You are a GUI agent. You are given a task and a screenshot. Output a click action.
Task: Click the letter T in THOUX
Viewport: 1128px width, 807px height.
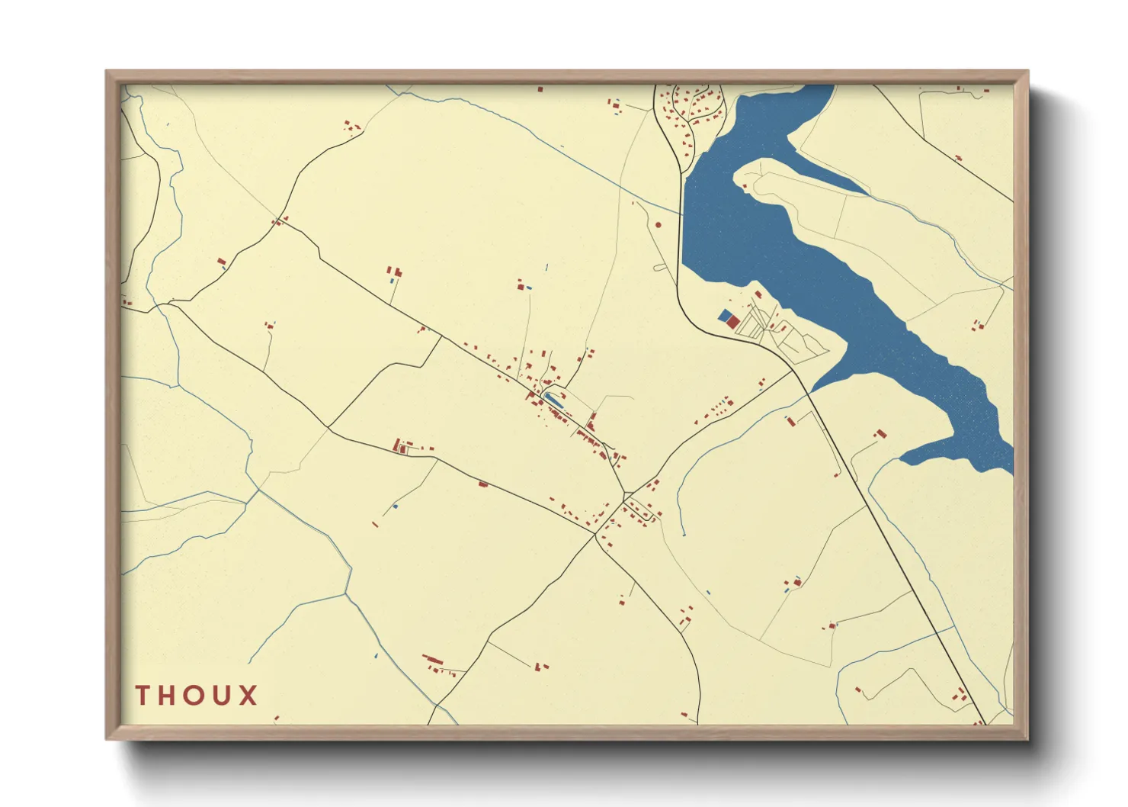coord(142,696)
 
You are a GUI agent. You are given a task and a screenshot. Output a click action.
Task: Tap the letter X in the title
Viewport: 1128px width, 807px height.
coord(247,696)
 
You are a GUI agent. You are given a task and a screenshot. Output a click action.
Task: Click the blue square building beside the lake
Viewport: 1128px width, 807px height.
coord(724,314)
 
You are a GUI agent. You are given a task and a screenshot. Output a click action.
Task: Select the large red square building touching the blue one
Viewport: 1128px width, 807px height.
coord(732,323)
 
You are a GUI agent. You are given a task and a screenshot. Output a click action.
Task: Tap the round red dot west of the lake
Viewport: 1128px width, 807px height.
coord(659,225)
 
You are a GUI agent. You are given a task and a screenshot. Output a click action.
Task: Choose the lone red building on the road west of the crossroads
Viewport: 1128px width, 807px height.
coord(482,484)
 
